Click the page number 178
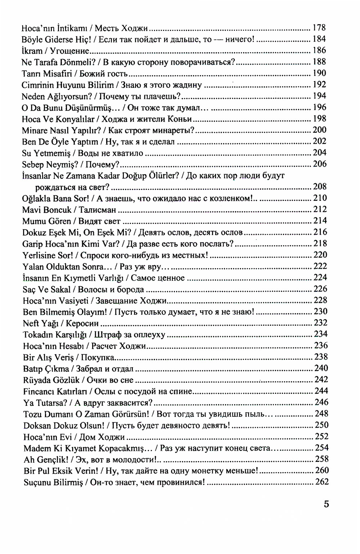(x=319, y=28)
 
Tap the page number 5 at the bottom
(x=326, y=504)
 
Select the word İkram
(x=32, y=51)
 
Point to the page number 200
(x=319, y=130)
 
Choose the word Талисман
(x=97, y=210)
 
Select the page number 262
(x=322, y=482)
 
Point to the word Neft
(x=31, y=324)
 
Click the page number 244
(x=321, y=391)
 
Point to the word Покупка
(x=98, y=357)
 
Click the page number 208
(x=320, y=187)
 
